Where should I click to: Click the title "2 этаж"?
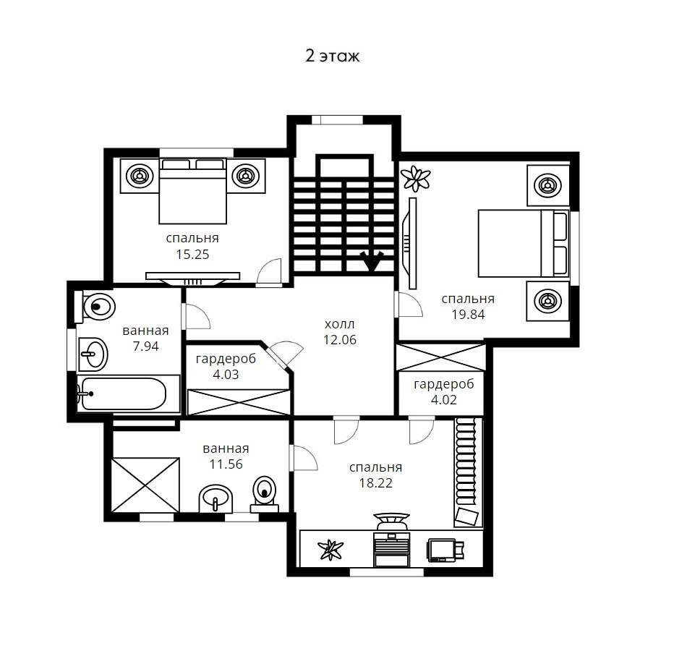332,56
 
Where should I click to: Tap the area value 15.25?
192,254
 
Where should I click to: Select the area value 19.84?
468,315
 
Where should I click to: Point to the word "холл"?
340,324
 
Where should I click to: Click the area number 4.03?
226,374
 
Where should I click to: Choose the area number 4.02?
443,399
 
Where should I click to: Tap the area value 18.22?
375,483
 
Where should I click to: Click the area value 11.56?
226,464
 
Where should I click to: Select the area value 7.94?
145,346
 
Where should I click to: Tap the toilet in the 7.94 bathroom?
95,307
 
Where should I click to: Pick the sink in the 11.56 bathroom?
216,499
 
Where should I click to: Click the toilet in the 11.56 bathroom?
265,493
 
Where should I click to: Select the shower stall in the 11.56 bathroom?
145,485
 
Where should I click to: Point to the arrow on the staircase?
372,261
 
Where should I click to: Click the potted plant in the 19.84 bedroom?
416,179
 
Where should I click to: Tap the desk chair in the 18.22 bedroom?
391,521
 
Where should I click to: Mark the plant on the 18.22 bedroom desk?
330,550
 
